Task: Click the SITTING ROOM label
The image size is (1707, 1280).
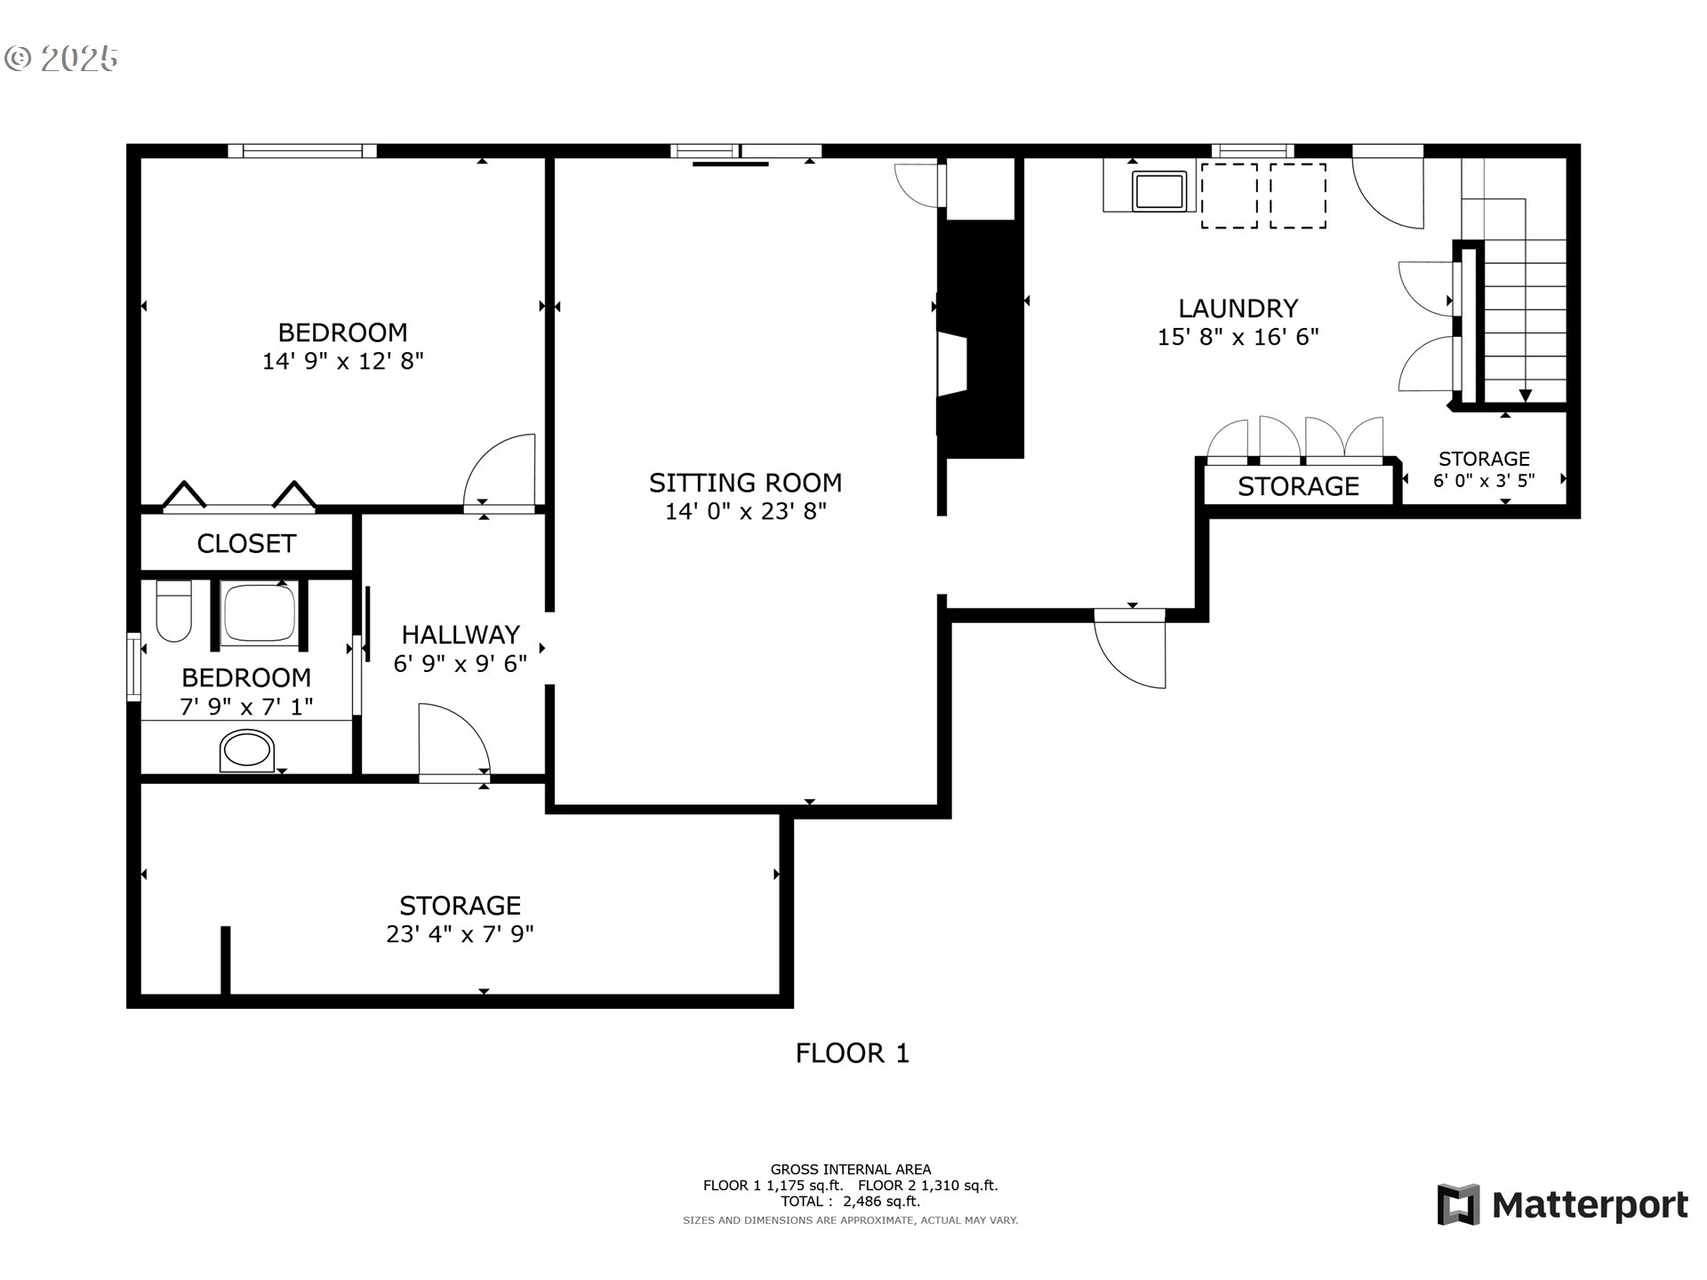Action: [745, 483]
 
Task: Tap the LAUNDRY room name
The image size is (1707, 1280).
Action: [1238, 308]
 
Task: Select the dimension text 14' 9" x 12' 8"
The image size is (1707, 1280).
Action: [342, 361]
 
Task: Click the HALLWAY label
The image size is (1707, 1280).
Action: [460, 635]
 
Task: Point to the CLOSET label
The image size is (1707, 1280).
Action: [246, 543]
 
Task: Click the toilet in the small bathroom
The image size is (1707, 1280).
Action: [173, 611]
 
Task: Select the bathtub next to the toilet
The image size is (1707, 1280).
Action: [259, 612]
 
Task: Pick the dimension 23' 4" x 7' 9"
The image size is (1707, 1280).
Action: [460, 934]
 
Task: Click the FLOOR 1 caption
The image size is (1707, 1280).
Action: [852, 1053]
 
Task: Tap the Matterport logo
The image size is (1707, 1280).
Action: [1562, 1205]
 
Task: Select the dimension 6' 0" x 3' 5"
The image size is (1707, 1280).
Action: [1483, 480]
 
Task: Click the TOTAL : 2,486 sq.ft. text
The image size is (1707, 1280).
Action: [850, 1201]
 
